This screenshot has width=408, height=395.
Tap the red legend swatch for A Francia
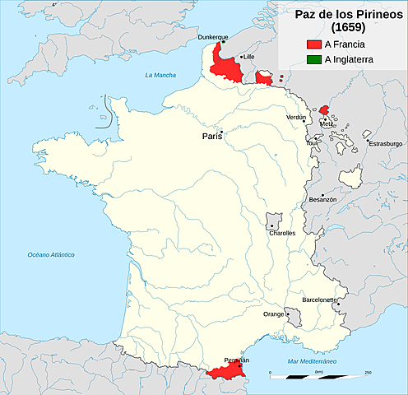point(313,44)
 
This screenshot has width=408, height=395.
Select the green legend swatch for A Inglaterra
point(313,59)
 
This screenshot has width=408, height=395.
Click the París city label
point(211,137)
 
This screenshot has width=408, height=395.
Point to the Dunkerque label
point(213,38)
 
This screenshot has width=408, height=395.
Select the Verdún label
point(295,118)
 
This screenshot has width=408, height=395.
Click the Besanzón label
point(322,199)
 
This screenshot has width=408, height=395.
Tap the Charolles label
point(281,233)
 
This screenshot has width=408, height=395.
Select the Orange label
point(273,314)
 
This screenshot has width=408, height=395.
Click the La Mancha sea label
point(160,76)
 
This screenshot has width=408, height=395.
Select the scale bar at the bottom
point(318,375)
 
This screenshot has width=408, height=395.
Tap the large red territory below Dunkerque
point(225,66)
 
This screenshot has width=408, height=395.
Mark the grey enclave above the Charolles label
point(274,220)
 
